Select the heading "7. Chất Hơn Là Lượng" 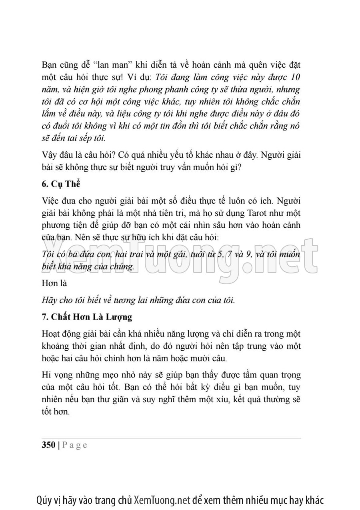87,317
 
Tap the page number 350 48,445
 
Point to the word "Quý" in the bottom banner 44,500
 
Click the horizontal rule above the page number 171,439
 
